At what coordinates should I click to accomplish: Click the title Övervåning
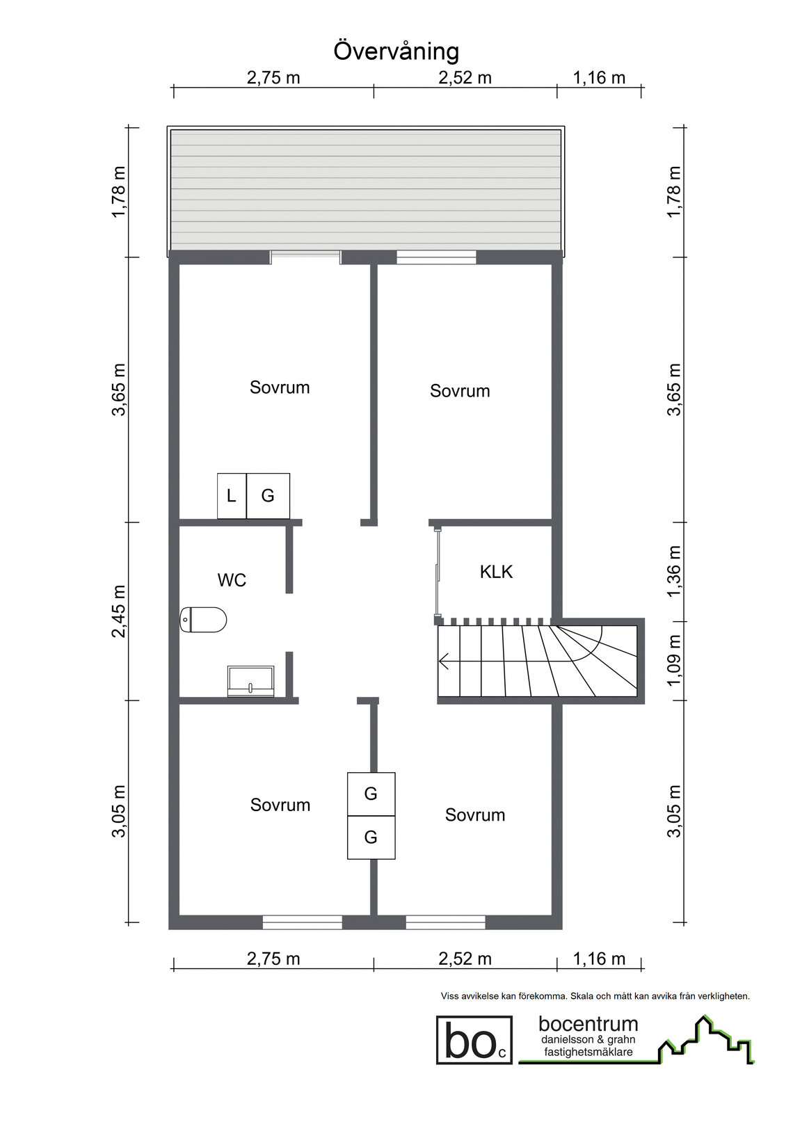click(396, 52)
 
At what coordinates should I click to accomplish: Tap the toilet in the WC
click(203, 620)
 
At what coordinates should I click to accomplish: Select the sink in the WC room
click(250, 681)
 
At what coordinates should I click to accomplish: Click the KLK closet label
click(496, 572)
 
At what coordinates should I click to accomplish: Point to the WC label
click(232, 580)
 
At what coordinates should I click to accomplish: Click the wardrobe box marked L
click(232, 496)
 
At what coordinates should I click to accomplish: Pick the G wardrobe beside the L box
click(268, 496)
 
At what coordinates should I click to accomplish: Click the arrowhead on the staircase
click(444, 662)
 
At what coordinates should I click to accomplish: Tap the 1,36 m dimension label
click(674, 572)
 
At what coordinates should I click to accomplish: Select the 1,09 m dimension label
click(674, 661)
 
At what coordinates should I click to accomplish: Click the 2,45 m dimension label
click(119, 611)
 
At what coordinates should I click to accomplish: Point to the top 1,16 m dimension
click(599, 78)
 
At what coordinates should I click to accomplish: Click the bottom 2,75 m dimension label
click(273, 959)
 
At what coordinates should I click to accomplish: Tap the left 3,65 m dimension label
click(119, 390)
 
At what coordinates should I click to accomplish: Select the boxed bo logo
click(474, 1039)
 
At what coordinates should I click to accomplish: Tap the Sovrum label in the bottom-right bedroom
click(475, 815)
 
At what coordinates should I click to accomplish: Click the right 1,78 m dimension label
click(674, 191)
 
